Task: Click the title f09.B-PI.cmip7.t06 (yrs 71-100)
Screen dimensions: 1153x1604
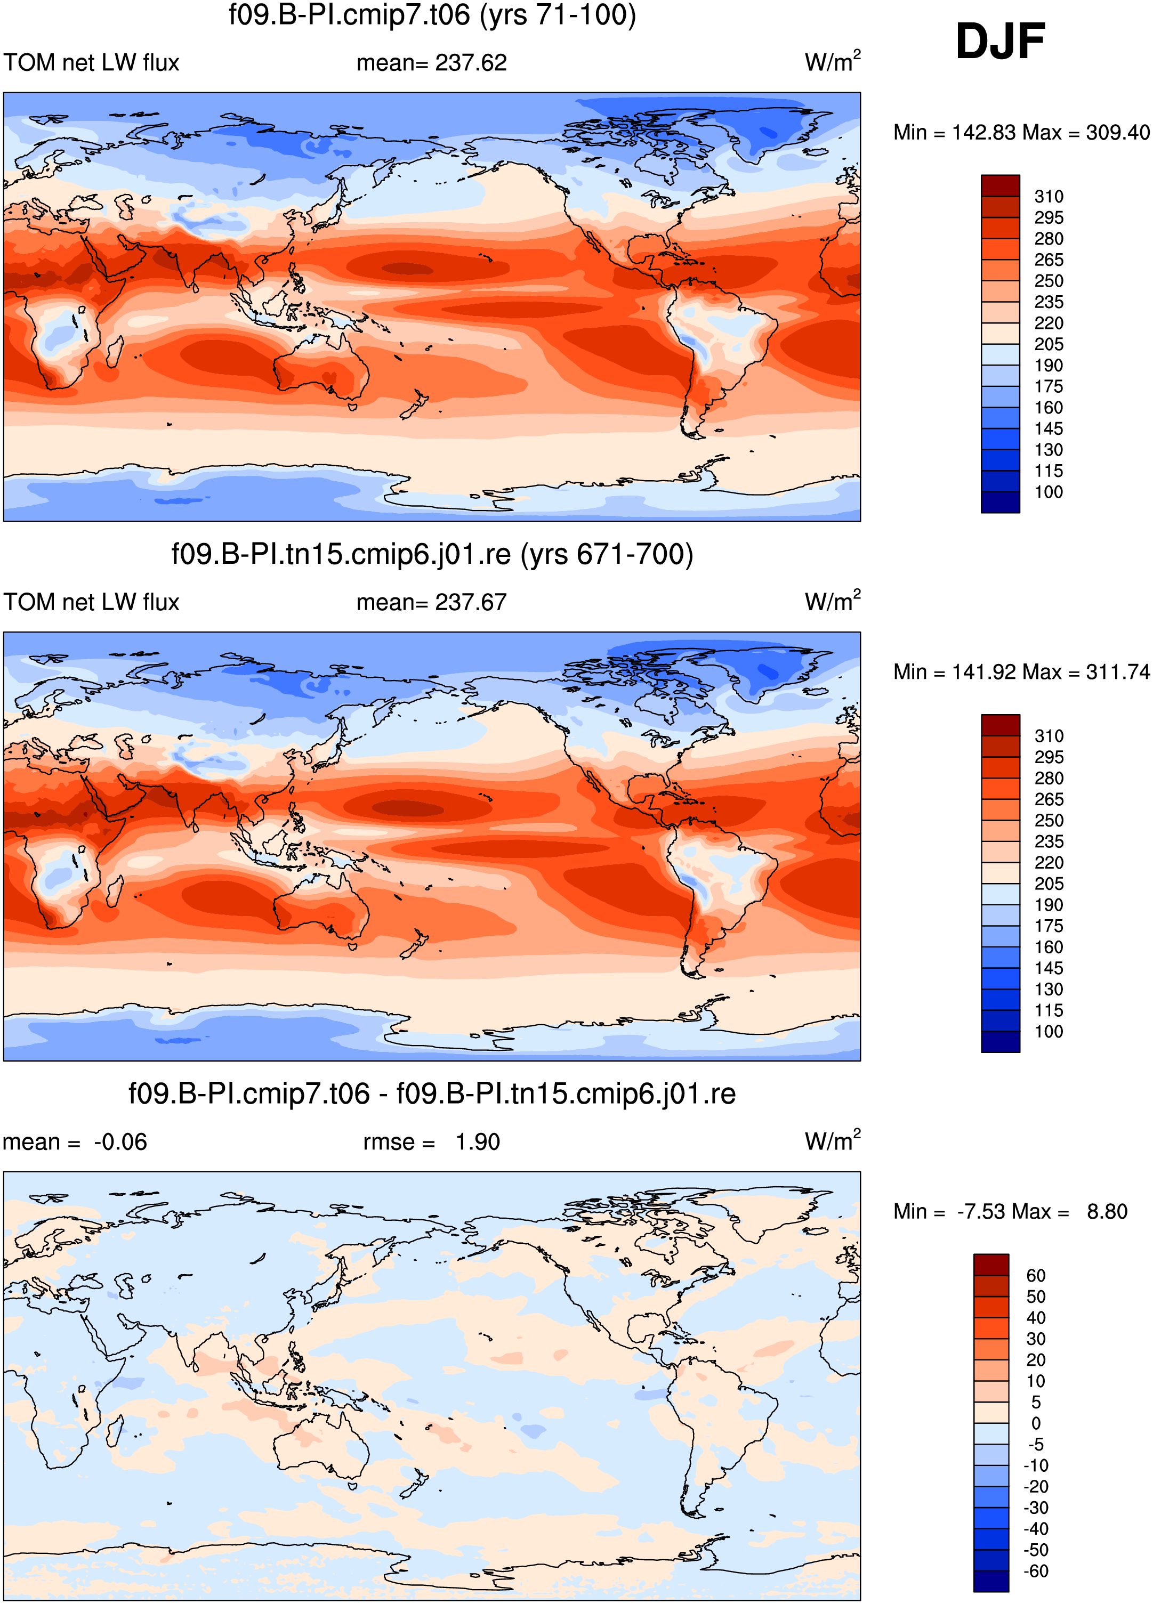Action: (432, 15)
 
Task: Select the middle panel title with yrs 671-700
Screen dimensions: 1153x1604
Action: (432, 554)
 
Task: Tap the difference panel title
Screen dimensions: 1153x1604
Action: (432, 1093)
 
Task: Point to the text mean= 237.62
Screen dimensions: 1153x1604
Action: (431, 63)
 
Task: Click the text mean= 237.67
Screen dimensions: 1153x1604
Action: (431, 603)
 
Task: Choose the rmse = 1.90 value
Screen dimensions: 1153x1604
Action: (431, 1142)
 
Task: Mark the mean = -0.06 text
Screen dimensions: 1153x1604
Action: (75, 1142)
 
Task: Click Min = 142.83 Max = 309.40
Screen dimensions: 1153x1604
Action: (1021, 132)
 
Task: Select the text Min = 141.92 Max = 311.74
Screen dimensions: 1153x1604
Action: (1021, 672)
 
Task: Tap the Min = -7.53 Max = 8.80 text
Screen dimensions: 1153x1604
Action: (1010, 1211)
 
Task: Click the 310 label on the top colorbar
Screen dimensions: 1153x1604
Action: (1049, 197)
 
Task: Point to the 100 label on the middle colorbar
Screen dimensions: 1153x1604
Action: (1049, 1032)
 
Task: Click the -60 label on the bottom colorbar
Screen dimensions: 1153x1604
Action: (1036, 1571)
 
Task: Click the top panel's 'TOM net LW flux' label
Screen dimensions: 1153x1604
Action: (91, 63)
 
